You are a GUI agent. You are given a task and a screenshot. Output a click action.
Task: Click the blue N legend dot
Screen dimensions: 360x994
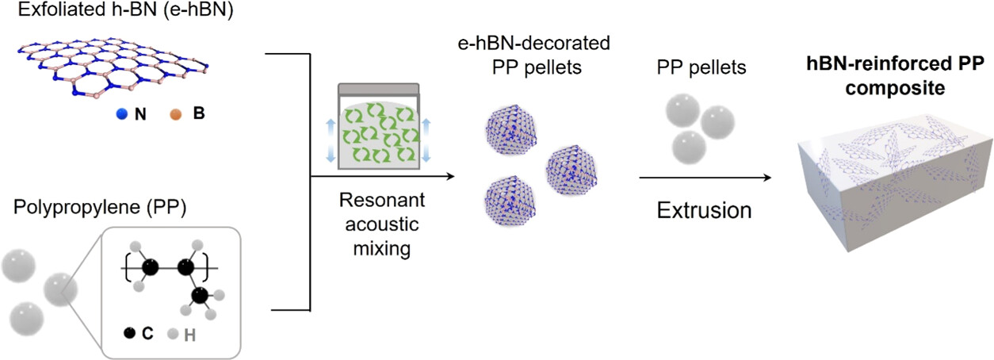coord(121,114)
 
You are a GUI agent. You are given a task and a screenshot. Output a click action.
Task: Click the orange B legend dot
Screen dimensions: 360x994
coord(176,114)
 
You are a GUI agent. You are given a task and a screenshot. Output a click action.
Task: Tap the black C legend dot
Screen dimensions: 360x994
coord(129,334)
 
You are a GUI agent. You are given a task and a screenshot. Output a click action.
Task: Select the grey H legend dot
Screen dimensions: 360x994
coord(171,334)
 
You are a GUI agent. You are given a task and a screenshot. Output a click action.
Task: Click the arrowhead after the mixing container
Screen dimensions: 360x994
coord(452,176)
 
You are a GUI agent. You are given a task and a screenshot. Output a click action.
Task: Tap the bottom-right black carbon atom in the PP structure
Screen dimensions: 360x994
coord(200,295)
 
